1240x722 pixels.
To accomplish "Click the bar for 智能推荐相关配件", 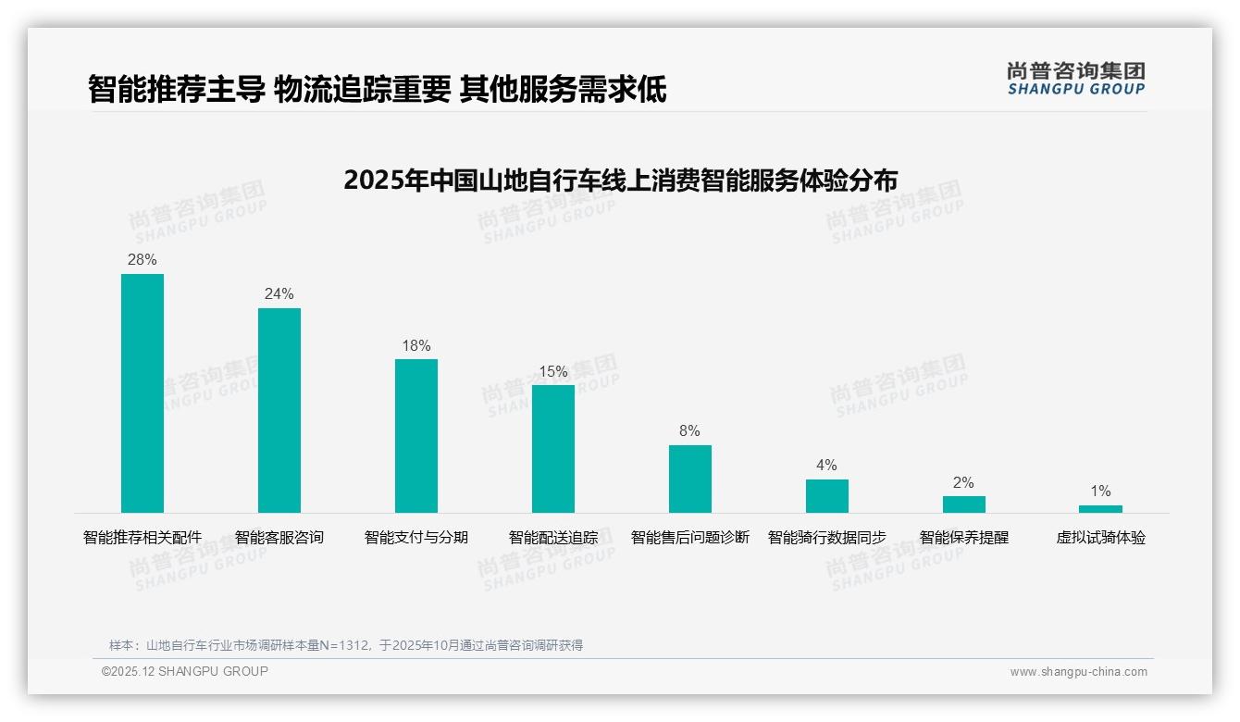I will click(x=143, y=393).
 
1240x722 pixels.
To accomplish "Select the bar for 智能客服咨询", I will click(x=279, y=410).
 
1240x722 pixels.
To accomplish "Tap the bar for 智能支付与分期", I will click(x=416, y=436).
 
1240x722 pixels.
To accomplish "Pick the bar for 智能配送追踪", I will click(x=553, y=449).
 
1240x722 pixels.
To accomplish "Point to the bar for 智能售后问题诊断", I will click(x=690, y=479).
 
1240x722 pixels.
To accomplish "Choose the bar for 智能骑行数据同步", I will click(x=827, y=496).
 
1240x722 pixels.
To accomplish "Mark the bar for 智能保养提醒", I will click(x=964, y=504).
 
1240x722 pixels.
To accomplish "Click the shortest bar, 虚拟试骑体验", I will click(x=1100, y=509).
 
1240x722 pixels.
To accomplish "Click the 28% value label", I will click(x=143, y=260).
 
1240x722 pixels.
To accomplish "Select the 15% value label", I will click(x=553, y=371).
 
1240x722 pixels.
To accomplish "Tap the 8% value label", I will click(x=690, y=431).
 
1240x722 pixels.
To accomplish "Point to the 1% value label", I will click(x=1100, y=492).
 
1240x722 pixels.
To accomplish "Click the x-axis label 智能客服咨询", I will click(x=279, y=538).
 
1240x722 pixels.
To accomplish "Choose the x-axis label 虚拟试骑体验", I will click(x=1100, y=538).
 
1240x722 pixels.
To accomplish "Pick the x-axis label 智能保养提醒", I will click(x=964, y=538).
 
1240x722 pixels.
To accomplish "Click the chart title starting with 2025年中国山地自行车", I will click(x=620, y=180).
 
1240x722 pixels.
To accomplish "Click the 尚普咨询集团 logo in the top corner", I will click(x=1075, y=79).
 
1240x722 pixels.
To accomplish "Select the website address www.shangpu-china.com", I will click(x=1078, y=672).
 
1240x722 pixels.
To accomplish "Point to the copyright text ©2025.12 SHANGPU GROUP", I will click(x=185, y=671).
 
